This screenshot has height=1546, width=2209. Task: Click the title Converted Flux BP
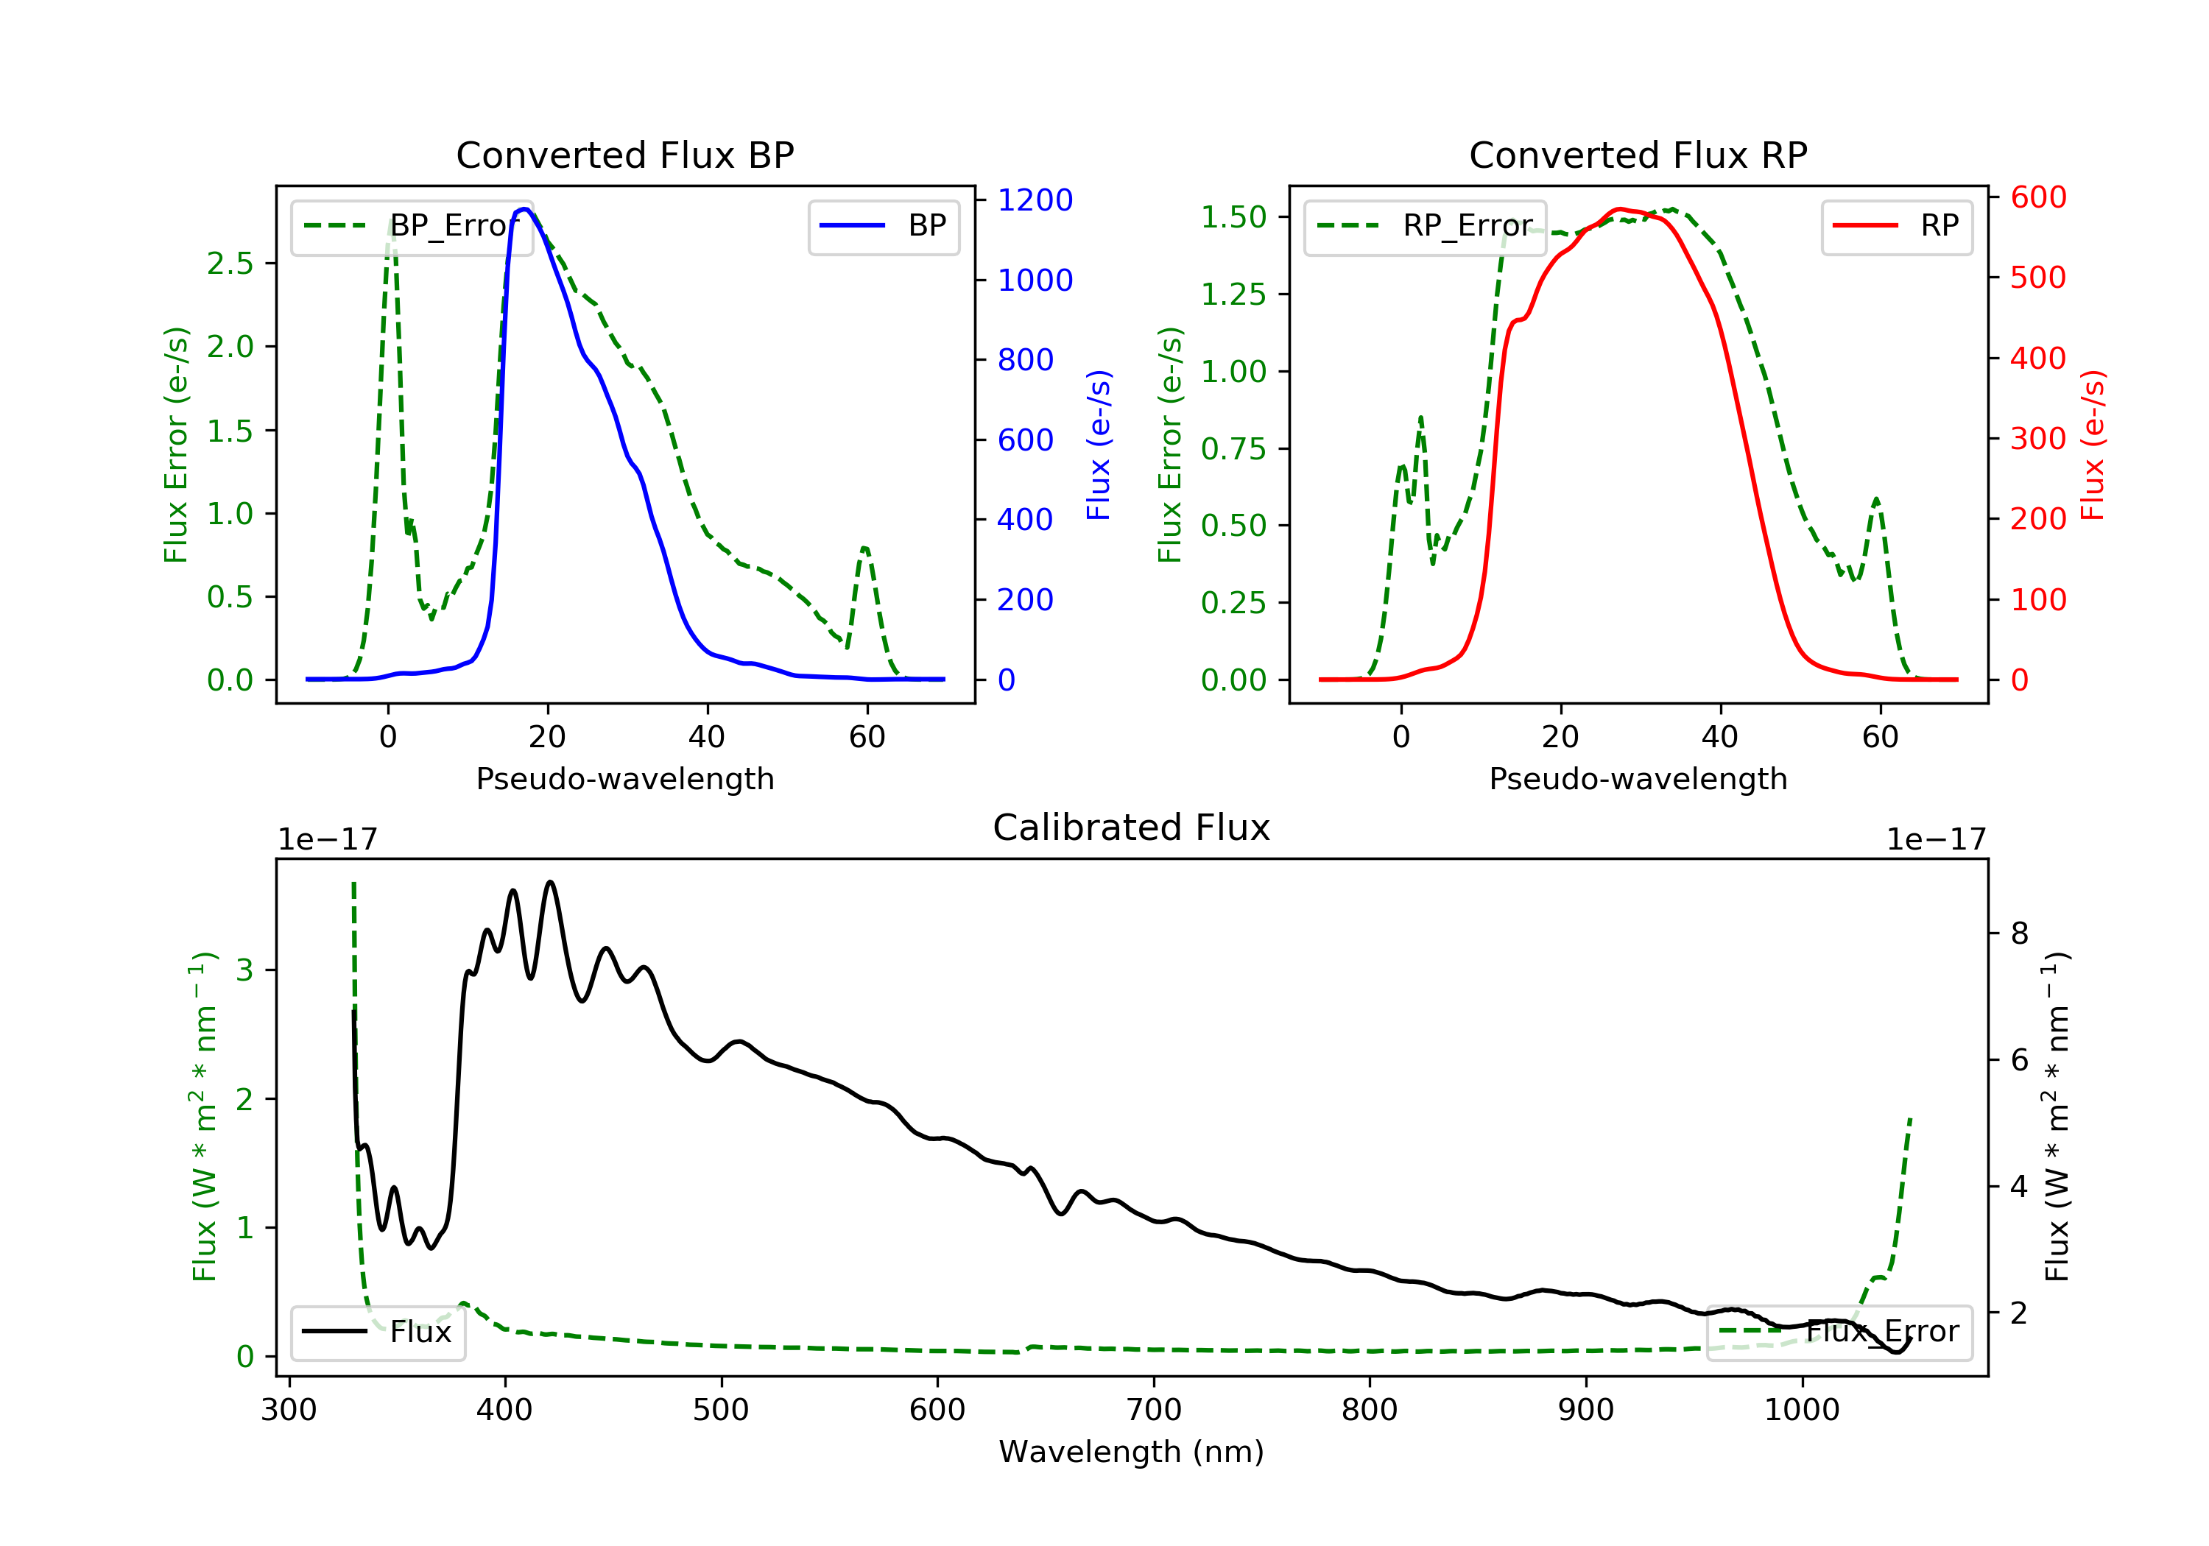click(624, 155)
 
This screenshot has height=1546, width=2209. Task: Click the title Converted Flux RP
click(1638, 155)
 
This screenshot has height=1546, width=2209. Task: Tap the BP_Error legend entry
click(411, 226)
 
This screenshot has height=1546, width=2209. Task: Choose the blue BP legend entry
click(883, 226)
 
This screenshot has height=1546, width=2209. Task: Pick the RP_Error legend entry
click(1424, 226)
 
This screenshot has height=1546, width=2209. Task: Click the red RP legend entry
click(1896, 226)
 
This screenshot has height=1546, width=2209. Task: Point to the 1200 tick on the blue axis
click(1035, 200)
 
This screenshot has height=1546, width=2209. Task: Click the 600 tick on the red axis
click(2037, 197)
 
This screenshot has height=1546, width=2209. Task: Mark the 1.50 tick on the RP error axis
click(1233, 217)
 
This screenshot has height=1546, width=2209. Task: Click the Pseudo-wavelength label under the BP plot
click(624, 778)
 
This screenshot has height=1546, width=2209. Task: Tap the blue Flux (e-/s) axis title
click(1099, 445)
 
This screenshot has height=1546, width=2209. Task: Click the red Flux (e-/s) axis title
click(2093, 445)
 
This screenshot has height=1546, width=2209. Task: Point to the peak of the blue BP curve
click(524, 209)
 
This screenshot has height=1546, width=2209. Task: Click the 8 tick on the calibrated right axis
click(2020, 933)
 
